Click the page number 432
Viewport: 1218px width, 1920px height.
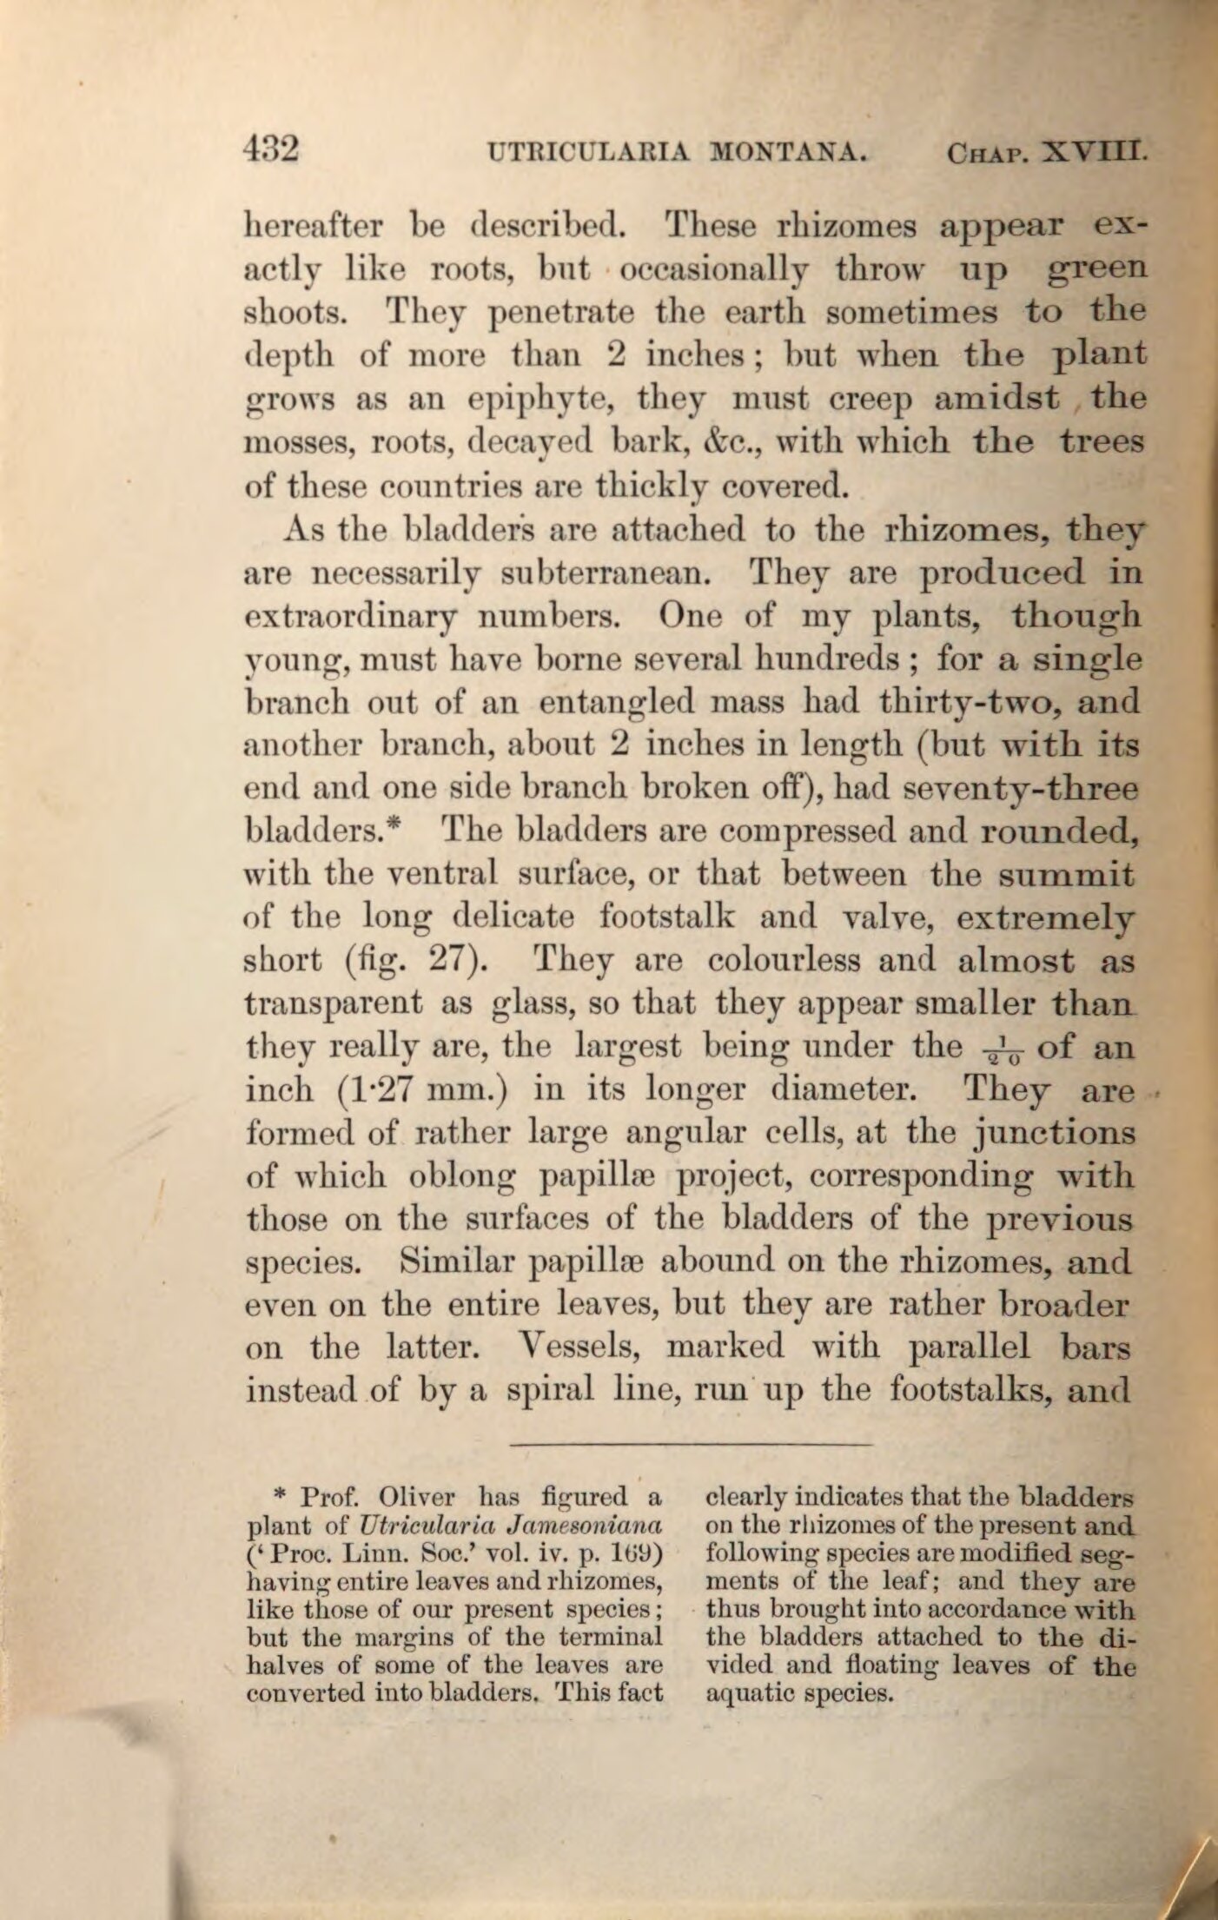[271, 149]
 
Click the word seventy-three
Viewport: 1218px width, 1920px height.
[1021, 789]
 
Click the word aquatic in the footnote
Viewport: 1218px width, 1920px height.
[754, 1694]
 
